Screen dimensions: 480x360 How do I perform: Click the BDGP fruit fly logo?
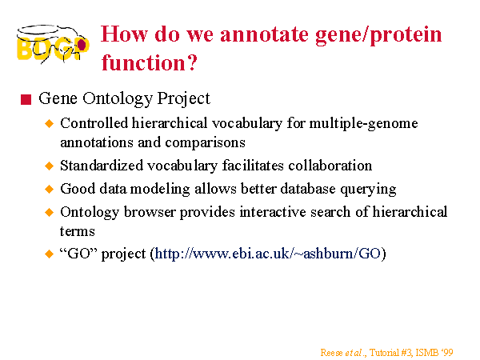click(53, 44)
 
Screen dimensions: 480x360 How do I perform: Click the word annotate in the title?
click(264, 34)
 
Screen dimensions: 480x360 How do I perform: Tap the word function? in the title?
click(150, 62)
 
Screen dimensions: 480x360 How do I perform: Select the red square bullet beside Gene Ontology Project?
click(26, 100)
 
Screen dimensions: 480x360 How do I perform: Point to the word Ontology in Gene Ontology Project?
click(118, 99)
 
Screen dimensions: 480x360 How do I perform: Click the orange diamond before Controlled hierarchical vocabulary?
click(49, 124)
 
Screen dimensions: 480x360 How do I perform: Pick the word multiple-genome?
click(363, 124)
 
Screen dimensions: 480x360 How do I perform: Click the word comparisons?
click(205, 142)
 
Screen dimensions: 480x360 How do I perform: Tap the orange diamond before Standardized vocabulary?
click(49, 166)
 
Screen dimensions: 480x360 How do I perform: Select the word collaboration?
click(330, 166)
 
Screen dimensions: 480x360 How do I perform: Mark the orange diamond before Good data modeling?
click(49, 189)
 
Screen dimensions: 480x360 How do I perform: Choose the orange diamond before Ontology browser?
click(49, 212)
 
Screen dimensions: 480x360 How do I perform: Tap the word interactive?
click(273, 212)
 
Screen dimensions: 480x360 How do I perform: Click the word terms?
click(77, 231)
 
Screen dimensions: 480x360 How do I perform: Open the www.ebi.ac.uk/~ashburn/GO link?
click(268, 254)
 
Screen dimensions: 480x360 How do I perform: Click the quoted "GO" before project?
click(78, 254)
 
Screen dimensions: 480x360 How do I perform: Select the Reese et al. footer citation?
click(386, 353)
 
